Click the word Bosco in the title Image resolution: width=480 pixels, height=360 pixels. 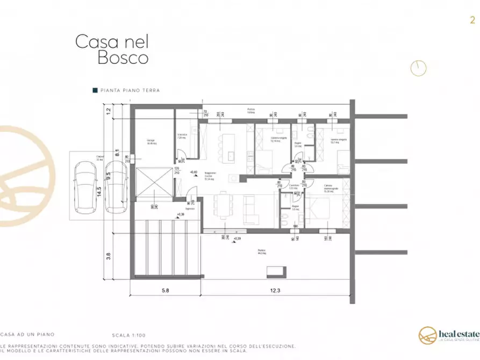[123, 58]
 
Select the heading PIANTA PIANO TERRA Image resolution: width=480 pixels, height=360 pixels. [130, 91]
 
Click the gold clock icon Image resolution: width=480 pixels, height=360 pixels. [418, 68]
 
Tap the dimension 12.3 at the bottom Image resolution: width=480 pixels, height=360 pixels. [275, 291]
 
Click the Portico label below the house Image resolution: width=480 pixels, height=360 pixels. [261, 252]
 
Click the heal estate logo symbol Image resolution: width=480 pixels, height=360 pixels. [428, 335]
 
